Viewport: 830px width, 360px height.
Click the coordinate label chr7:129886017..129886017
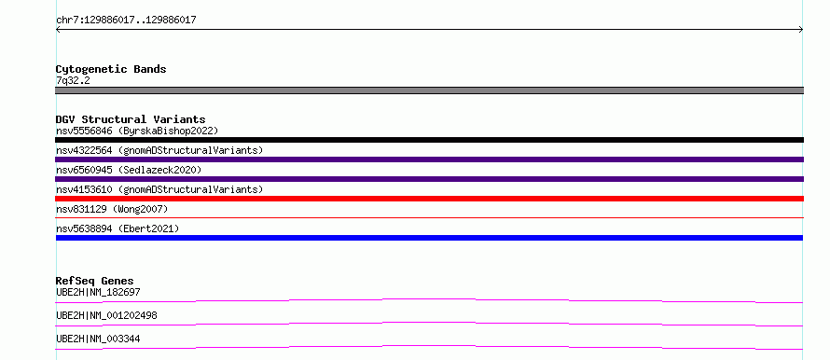(126, 21)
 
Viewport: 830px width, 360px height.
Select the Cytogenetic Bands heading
(111, 69)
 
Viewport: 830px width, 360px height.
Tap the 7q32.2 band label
(73, 80)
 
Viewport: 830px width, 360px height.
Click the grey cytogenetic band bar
(429, 90)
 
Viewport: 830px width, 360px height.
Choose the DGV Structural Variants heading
(131, 119)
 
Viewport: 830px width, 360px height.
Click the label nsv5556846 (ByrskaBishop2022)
(137, 131)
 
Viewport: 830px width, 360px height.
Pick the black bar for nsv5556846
(429, 140)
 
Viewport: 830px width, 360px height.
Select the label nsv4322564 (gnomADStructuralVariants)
(159, 150)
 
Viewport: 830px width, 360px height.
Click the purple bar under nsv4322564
(429, 159)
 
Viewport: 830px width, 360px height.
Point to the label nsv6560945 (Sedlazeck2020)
(129, 170)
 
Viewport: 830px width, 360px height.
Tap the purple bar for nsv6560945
(429, 179)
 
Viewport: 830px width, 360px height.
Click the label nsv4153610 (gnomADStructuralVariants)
(159, 189)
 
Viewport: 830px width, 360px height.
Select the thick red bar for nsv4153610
(429, 199)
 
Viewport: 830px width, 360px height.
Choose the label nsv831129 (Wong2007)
(112, 209)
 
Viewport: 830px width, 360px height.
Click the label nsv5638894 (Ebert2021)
(118, 228)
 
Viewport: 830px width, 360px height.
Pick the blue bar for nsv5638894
(429, 238)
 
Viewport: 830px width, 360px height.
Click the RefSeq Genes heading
(95, 281)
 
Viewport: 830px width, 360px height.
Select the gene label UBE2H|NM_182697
(98, 292)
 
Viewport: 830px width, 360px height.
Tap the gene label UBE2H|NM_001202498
(106, 315)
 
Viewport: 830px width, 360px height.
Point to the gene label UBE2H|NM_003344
(98, 339)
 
